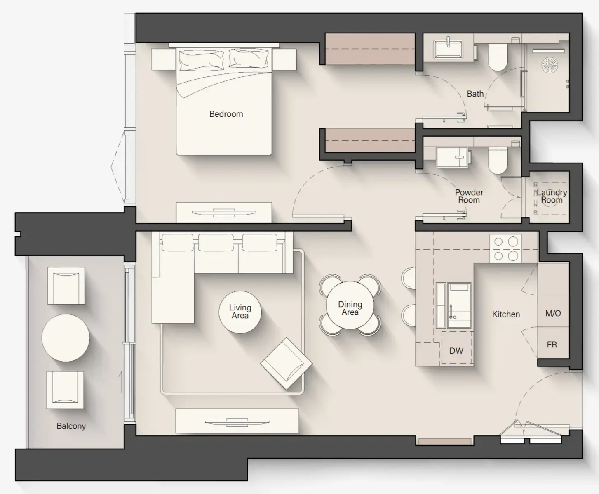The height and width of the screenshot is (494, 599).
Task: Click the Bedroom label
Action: click(x=226, y=114)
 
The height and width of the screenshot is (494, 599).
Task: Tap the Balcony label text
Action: click(x=71, y=426)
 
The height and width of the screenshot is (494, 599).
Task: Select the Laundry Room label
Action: click(x=552, y=196)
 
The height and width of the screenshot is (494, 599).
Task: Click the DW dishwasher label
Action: click(x=456, y=351)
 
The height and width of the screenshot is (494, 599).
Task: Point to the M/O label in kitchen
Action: click(x=553, y=313)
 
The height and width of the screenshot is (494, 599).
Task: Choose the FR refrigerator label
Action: click(x=552, y=344)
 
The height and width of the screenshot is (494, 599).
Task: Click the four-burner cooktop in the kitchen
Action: click(x=505, y=248)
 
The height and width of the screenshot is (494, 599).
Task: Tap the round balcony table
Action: click(x=66, y=338)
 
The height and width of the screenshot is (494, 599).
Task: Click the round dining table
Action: click(x=350, y=305)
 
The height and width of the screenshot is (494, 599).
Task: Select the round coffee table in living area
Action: click(x=240, y=312)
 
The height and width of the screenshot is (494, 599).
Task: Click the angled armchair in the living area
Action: click(x=286, y=363)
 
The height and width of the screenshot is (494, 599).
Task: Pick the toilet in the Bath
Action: click(x=497, y=58)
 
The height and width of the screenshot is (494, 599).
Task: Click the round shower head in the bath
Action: click(x=549, y=64)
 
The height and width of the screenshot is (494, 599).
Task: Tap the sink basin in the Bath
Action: click(x=448, y=49)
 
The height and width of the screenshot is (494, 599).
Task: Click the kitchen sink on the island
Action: click(x=459, y=305)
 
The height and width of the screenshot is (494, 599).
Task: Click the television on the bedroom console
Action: click(x=224, y=213)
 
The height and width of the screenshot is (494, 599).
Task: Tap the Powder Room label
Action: click(x=469, y=196)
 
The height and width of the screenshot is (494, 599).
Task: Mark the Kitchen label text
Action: click(x=506, y=314)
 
